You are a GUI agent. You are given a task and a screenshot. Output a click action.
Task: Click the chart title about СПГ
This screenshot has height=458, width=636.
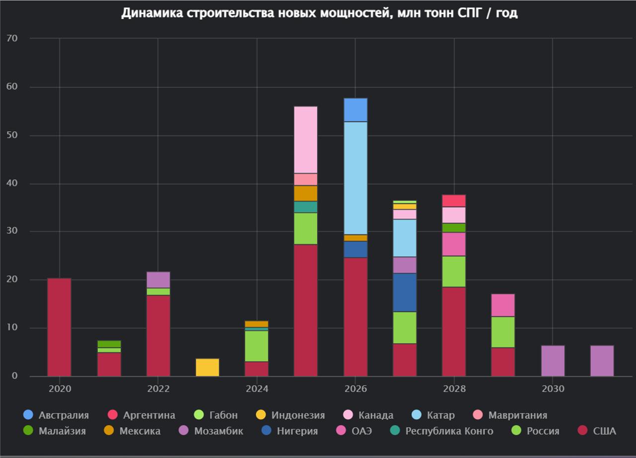(319, 13)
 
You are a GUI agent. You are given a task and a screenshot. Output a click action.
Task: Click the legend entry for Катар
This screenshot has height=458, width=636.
(440, 415)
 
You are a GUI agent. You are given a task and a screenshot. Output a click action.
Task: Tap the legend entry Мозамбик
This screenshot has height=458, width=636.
(218, 431)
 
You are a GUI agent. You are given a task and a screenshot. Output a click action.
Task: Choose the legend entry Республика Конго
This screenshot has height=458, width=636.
(449, 431)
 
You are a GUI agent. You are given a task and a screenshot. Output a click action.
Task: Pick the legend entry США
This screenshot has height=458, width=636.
(604, 431)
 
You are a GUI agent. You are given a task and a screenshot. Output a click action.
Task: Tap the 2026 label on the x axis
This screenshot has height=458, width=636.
(355, 389)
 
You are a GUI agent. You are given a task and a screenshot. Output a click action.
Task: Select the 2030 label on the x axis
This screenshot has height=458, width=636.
(553, 389)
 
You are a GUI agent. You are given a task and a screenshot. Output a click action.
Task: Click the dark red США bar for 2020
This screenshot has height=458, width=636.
(59, 327)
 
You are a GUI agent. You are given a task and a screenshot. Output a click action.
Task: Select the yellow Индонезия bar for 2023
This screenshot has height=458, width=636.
(207, 367)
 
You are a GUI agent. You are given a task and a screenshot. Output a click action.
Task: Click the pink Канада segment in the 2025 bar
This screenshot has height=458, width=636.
(306, 140)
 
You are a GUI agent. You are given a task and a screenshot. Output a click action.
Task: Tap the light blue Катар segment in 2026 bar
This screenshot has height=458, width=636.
(355, 178)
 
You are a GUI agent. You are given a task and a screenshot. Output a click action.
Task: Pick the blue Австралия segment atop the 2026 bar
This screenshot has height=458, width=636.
(355, 110)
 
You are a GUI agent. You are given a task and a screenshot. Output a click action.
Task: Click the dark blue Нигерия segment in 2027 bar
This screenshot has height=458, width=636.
(404, 292)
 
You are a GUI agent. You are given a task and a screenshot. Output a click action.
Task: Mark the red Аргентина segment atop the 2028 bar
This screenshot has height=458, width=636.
(454, 201)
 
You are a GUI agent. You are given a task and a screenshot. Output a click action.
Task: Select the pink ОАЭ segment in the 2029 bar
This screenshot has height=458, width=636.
(503, 305)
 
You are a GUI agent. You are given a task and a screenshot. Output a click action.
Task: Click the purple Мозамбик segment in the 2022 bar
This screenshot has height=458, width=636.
(158, 280)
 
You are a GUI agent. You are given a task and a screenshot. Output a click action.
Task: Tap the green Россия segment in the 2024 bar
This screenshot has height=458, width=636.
(256, 346)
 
